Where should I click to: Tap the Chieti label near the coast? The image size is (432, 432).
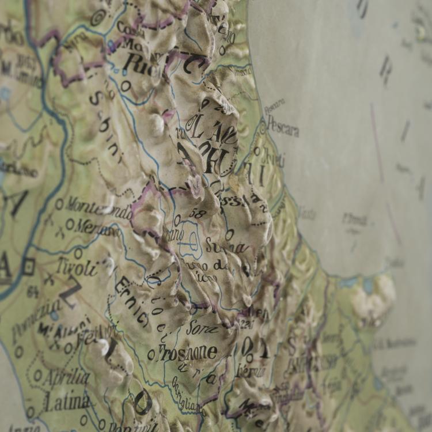[273, 157]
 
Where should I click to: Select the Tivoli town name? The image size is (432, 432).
[77, 267]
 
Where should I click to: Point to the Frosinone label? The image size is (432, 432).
[188, 353]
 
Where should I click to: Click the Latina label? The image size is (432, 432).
[67, 402]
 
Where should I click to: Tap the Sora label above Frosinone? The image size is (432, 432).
[202, 328]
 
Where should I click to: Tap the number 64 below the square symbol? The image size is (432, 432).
[32, 291]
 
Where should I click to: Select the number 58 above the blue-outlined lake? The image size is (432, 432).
[197, 214]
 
